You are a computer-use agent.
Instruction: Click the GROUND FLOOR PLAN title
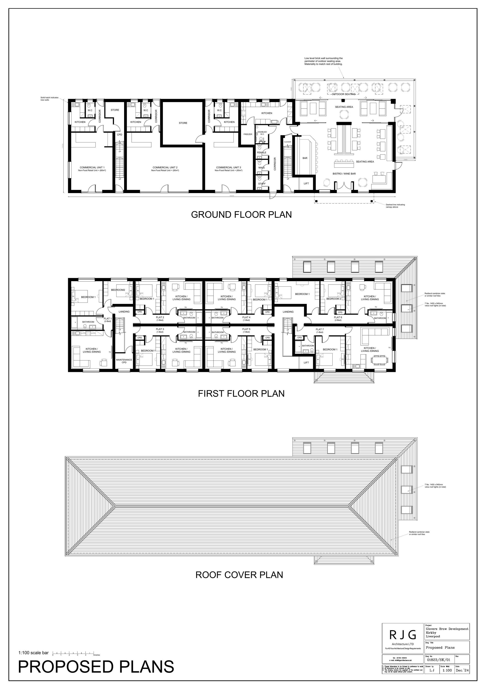coord(241,215)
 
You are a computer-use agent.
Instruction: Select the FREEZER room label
coord(248,134)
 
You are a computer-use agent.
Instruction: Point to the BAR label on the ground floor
coord(305,158)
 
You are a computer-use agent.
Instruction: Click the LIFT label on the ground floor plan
coord(306,183)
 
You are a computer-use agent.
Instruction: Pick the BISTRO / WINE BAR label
coord(344,174)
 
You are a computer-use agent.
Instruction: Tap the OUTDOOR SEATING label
coord(343,94)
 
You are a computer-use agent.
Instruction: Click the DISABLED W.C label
coord(262,133)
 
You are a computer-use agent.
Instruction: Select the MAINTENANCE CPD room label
coord(124,361)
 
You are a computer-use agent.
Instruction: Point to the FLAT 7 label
coord(319,330)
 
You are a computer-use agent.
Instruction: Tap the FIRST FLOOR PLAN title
coord(241,394)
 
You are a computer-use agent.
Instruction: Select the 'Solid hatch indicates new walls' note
coord(50,99)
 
